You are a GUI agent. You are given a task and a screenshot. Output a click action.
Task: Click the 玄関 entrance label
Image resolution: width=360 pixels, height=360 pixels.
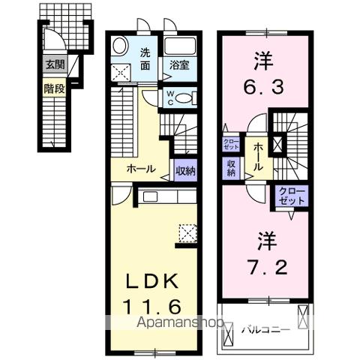(x=55, y=64)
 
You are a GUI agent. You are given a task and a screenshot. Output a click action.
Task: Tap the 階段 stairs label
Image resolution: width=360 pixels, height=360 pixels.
(x=55, y=87)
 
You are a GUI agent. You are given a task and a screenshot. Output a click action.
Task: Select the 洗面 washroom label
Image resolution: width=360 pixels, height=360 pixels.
(x=147, y=58)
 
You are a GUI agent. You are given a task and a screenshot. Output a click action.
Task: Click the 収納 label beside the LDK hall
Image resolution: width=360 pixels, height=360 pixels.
(x=185, y=170)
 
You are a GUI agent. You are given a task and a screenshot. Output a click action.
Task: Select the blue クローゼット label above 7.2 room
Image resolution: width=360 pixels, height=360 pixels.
(x=292, y=196)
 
